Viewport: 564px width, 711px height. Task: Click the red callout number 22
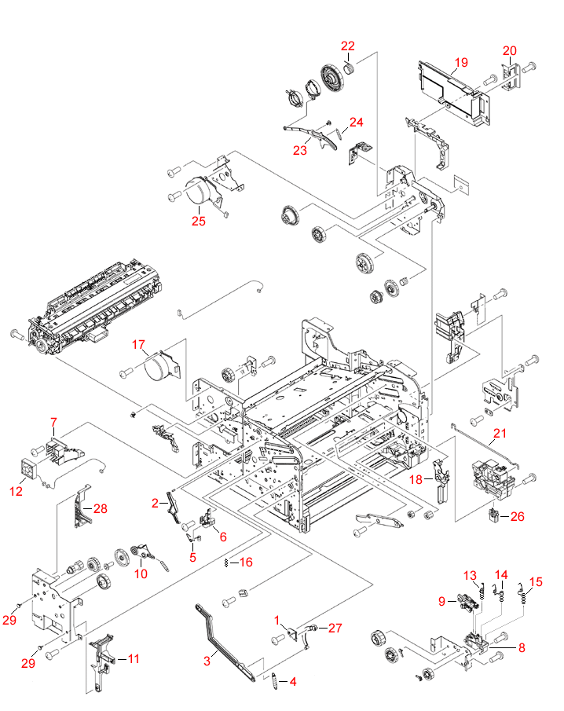(347, 46)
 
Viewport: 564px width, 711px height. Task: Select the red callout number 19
(460, 61)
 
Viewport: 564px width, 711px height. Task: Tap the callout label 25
(199, 221)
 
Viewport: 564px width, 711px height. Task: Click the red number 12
(16, 492)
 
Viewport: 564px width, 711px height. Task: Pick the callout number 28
(100, 508)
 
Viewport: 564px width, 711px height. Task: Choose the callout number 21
(500, 433)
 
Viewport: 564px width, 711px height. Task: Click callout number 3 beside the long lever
(207, 662)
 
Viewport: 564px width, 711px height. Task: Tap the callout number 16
(246, 562)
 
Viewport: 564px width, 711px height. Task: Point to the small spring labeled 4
(274, 681)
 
